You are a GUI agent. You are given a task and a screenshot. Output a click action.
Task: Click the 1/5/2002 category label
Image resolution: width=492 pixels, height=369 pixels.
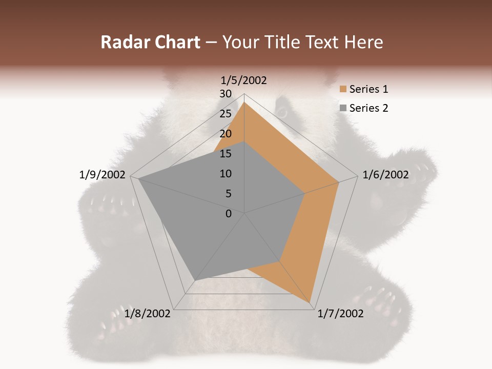pos(244,80)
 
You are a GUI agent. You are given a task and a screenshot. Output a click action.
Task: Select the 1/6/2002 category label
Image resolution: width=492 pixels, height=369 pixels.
pos(385,175)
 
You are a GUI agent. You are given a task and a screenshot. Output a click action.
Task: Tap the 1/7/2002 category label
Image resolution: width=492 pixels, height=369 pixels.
pos(340,314)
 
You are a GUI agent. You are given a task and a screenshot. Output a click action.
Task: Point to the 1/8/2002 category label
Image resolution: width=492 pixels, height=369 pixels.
pos(148,313)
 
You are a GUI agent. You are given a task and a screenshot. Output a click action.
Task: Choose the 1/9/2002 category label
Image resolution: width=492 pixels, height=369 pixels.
pos(102,175)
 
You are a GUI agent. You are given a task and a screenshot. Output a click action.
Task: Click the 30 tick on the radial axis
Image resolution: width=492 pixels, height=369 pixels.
pos(225,94)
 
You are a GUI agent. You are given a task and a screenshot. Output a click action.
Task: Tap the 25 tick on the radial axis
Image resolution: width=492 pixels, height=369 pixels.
pos(225,114)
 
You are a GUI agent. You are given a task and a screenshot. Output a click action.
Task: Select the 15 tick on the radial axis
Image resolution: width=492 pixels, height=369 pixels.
pos(225,154)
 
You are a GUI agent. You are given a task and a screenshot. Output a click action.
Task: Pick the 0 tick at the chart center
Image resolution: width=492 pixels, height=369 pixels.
pos(229,214)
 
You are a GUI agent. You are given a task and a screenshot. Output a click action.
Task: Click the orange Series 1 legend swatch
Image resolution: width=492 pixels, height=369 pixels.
pos(343,89)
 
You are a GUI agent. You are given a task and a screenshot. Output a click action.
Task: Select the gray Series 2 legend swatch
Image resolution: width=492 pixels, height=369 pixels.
pos(343,108)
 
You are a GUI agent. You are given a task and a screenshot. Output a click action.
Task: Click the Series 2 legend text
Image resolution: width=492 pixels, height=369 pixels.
pos(368,108)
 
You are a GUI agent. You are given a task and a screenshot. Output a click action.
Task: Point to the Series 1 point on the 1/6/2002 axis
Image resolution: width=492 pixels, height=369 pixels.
pos(338,182)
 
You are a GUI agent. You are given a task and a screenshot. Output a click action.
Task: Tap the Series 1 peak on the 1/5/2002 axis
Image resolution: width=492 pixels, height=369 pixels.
pos(244,102)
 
